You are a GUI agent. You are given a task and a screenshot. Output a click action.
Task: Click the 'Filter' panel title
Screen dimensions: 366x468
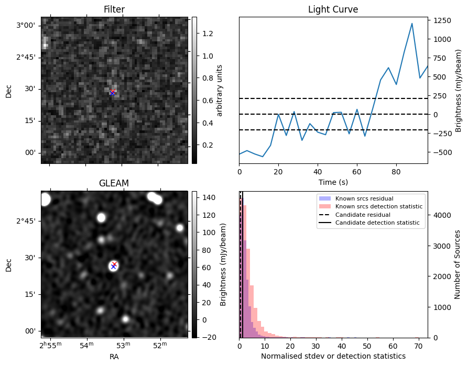(x=114, y=9)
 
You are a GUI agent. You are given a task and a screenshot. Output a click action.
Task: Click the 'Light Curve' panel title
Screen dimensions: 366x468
(x=333, y=9)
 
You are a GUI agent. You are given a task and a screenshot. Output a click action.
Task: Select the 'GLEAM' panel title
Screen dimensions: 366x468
(x=114, y=183)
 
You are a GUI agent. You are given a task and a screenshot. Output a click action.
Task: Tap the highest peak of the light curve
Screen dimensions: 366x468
(x=412, y=24)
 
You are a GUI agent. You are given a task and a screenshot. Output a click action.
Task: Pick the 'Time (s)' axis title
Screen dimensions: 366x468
(x=333, y=182)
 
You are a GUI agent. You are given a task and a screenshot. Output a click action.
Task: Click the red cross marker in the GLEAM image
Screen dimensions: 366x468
(x=114, y=264)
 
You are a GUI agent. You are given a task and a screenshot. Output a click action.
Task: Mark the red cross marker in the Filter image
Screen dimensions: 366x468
(x=113, y=92)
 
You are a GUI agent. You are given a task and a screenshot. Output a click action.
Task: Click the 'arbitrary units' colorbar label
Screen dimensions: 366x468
(x=220, y=90)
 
